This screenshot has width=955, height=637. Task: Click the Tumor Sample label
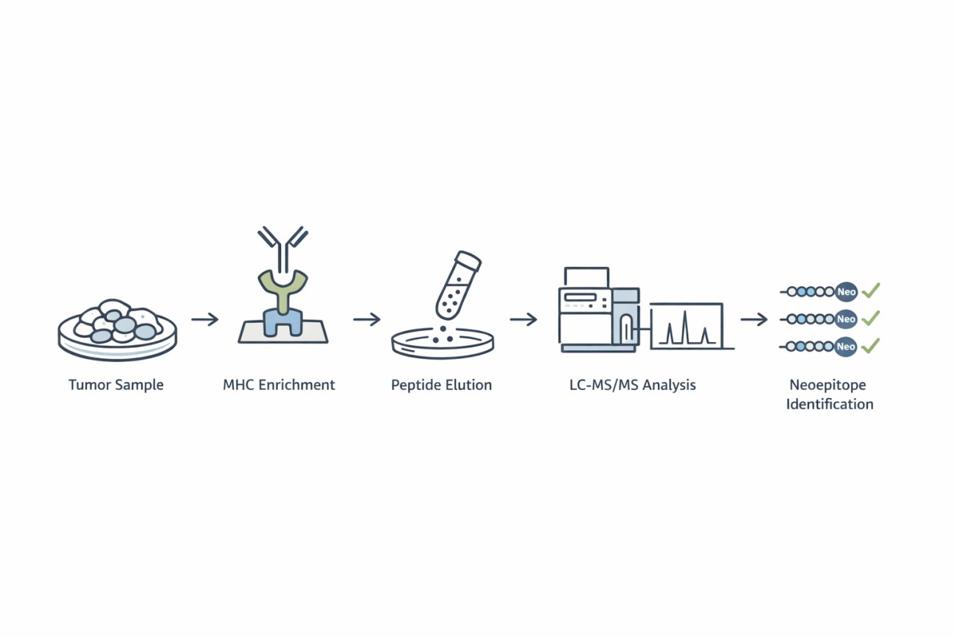tap(116, 385)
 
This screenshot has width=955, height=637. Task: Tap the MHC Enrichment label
tap(279, 385)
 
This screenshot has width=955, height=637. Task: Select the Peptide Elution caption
tap(441, 385)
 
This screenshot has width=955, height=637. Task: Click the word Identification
tap(830, 404)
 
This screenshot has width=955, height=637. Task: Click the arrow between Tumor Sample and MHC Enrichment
tap(205, 319)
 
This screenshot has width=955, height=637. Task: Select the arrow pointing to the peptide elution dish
tap(367, 319)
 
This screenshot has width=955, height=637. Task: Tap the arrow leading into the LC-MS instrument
tap(524, 319)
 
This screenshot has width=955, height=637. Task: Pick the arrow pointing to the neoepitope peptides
tap(754, 319)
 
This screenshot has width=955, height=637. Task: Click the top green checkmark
tap(871, 290)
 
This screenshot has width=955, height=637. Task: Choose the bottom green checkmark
tap(871, 345)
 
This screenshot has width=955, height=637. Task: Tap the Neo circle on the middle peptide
tap(846, 319)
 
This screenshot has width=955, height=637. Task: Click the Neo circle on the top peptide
tap(846, 292)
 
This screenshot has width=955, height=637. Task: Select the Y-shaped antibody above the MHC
tap(282, 247)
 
